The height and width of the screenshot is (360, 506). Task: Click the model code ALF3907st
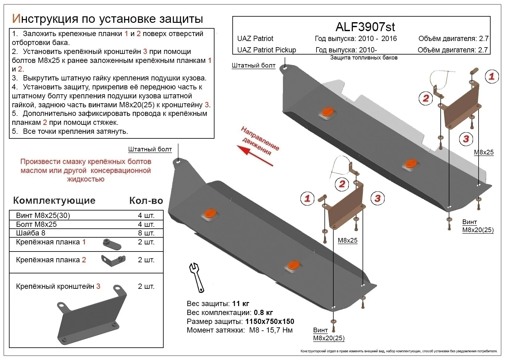(x=365, y=27)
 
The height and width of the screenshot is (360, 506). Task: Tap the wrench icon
(x=196, y=277)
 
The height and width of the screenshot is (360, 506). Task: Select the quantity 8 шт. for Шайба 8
(x=146, y=233)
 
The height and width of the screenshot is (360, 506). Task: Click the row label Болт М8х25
(x=36, y=224)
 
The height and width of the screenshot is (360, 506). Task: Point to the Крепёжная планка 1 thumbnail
(x=112, y=244)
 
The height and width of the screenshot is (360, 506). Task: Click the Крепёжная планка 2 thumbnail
(x=113, y=260)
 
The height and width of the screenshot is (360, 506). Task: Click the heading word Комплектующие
(x=54, y=201)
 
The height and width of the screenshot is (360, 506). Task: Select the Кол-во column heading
(x=146, y=201)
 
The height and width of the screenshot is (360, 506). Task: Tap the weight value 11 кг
(x=240, y=304)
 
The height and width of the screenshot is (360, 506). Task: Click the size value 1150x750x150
(x=269, y=321)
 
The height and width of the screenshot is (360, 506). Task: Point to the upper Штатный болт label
(x=253, y=65)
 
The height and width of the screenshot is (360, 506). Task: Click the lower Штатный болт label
(x=150, y=149)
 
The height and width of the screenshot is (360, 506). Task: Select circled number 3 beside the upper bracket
(x=466, y=139)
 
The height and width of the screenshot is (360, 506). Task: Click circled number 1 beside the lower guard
(x=307, y=198)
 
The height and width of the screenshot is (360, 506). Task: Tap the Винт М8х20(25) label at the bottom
(x=328, y=334)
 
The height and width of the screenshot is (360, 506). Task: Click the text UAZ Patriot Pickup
(x=267, y=50)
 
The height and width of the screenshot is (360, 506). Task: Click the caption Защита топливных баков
(x=364, y=58)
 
